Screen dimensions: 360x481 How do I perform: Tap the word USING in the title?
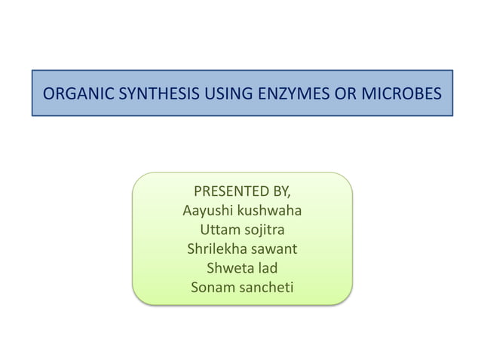[x=216, y=94]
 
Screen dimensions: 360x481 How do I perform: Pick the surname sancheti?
[x=266, y=287]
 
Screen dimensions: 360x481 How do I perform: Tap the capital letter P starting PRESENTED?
[x=198, y=189]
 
